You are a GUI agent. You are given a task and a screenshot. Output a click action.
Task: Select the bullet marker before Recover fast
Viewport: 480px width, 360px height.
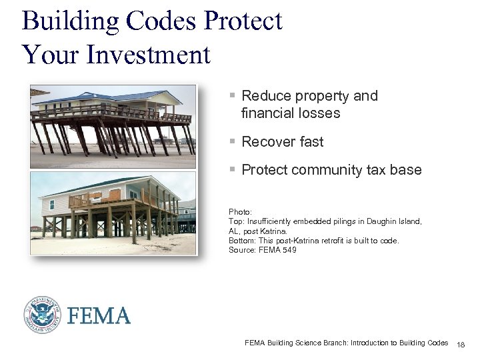[x=232, y=142]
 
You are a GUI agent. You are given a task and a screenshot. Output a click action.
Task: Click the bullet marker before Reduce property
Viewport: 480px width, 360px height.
[x=232, y=96]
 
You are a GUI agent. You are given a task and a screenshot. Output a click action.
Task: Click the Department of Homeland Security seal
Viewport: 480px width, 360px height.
[x=43, y=315]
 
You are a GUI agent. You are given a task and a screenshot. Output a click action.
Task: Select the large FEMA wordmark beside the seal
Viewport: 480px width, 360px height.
[x=98, y=315]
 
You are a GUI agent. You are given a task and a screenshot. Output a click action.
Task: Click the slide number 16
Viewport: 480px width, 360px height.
[x=461, y=344]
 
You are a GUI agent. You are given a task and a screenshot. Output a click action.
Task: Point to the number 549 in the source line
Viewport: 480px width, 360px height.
[x=289, y=250]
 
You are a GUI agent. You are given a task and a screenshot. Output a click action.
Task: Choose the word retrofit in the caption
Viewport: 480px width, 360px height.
[x=317, y=241]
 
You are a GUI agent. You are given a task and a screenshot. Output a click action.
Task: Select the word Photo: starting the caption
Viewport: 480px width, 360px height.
[x=240, y=211]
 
